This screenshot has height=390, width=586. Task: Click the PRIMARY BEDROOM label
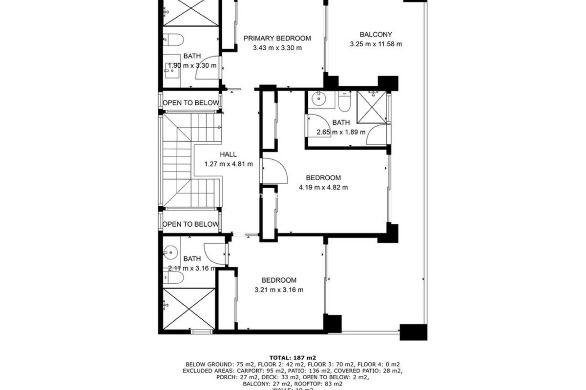[277, 38]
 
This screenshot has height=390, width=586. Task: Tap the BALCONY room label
[375, 34]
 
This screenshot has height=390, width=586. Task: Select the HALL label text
[228, 154]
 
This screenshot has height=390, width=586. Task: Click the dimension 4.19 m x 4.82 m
[323, 187]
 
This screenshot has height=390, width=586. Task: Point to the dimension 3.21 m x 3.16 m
[279, 290]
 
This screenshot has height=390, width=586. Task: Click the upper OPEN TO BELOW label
[191, 103]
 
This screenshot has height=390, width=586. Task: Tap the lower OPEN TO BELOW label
[191, 224]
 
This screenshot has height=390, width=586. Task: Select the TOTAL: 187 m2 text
[293, 358]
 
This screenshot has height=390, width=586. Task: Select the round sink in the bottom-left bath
[170, 252]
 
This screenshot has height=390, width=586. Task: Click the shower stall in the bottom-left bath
[189, 309]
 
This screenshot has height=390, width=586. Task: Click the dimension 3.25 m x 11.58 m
[376, 44]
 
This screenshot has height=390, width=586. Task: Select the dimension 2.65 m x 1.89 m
[341, 132]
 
